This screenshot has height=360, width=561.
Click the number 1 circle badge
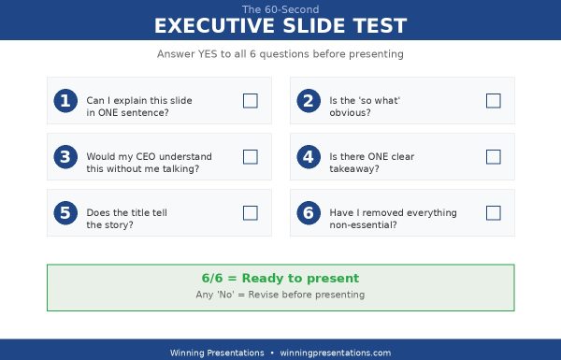[65, 101]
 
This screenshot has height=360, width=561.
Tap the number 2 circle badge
[308, 101]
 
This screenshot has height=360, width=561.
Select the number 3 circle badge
[65, 157]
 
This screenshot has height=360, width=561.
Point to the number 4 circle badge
[308, 157]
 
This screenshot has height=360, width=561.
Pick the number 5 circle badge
[65, 213]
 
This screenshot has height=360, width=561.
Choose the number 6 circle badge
[308, 213]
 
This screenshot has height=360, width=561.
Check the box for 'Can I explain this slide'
[251, 101]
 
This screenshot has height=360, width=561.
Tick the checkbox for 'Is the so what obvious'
[494, 101]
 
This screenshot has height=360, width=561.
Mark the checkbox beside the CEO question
[251, 157]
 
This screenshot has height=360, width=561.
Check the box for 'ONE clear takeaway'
[494, 157]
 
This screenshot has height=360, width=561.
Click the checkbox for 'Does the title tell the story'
[251, 213]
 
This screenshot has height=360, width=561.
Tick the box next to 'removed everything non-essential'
[494, 213]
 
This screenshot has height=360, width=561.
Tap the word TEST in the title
[376, 25]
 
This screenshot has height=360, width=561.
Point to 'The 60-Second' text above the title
[280, 8]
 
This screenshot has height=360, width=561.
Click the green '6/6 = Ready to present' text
[280, 279]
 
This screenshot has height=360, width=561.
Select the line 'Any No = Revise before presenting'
[280, 295]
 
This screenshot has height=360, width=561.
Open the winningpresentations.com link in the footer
[335, 353]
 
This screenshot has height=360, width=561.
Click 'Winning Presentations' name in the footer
[217, 353]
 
